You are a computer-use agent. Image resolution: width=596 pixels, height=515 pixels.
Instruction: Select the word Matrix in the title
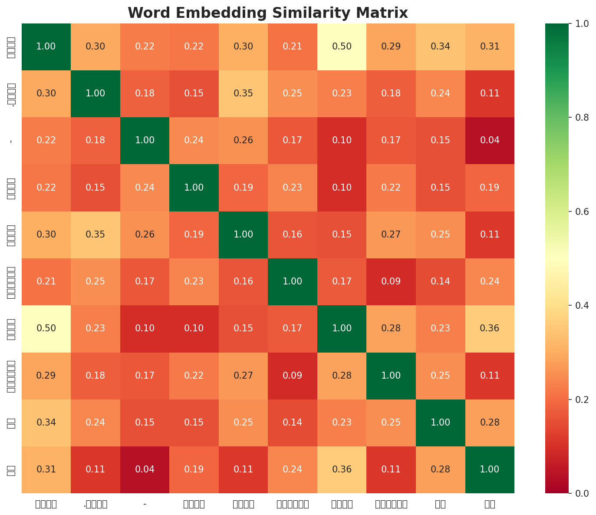(385, 13)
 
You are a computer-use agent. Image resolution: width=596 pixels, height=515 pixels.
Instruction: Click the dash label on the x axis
(145, 504)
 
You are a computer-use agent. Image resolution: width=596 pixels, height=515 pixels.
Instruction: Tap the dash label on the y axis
(11, 140)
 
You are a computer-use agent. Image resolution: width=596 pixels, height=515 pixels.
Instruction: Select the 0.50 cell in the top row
(342, 46)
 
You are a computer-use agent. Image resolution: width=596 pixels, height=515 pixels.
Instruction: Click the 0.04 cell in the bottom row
(145, 469)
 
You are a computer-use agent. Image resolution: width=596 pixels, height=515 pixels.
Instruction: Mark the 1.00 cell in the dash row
(145, 140)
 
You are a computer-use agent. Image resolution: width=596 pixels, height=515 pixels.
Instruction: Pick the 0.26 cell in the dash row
(243, 140)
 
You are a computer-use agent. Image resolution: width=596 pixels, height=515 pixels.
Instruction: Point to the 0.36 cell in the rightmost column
(490, 328)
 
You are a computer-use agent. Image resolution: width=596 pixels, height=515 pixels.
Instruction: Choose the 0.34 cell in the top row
(440, 46)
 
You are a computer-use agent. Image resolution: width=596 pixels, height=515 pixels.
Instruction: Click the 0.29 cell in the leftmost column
(46, 375)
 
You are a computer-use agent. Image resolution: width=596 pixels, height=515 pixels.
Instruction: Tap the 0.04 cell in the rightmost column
(490, 140)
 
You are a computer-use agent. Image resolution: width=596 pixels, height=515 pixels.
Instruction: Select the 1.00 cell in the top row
(46, 46)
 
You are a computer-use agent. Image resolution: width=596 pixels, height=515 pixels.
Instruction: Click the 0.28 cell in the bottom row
(440, 469)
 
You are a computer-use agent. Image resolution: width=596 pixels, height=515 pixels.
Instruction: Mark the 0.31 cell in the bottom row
(46, 469)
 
